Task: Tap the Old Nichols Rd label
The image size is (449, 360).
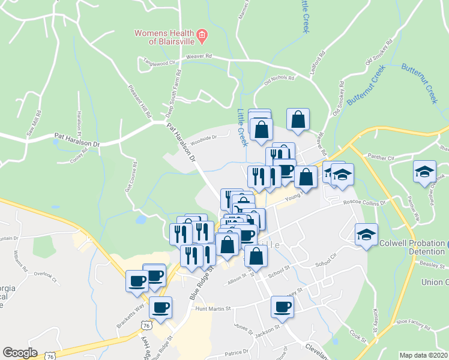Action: pyautogui.click(x=279, y=79)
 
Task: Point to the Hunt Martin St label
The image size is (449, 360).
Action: pyautogui.click(x=213, y=309)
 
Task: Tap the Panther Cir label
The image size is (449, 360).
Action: pyautogui.click(x=381, y=158)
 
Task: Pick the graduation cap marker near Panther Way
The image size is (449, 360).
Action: pyautogui.click(x=424, y=171)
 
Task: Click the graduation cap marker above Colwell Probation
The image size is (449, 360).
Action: pyautogui.click(x=366, y=234)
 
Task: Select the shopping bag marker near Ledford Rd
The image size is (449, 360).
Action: pyautogui.click(x=298, y=119)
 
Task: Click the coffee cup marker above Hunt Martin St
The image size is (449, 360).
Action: pyautogui.click(x=160, y=307)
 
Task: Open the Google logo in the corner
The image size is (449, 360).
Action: pyautogui.click(x=20, y=353)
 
